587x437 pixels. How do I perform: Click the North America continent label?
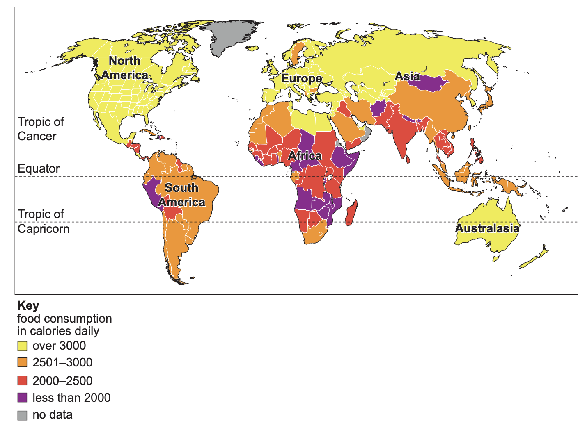[124, 68]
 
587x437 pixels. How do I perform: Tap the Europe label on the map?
[301, 78]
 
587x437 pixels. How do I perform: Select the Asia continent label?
[407, 77]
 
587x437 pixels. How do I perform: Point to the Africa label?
[305, 156]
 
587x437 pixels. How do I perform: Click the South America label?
[181, 195]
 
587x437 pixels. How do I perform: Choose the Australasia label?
[487, 228]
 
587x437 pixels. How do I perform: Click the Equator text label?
[39, 168]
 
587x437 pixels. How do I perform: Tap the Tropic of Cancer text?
[41, 129]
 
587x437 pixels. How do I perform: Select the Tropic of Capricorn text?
[43, 221]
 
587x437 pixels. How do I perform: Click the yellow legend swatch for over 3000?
[22, 346]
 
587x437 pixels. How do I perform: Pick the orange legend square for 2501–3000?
[22, 363]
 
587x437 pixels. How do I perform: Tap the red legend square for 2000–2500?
[22, 381]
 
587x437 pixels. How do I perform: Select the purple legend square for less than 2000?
[22, 398]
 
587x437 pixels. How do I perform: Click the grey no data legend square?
[22, 415]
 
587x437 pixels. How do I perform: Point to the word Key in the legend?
[28, 306]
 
